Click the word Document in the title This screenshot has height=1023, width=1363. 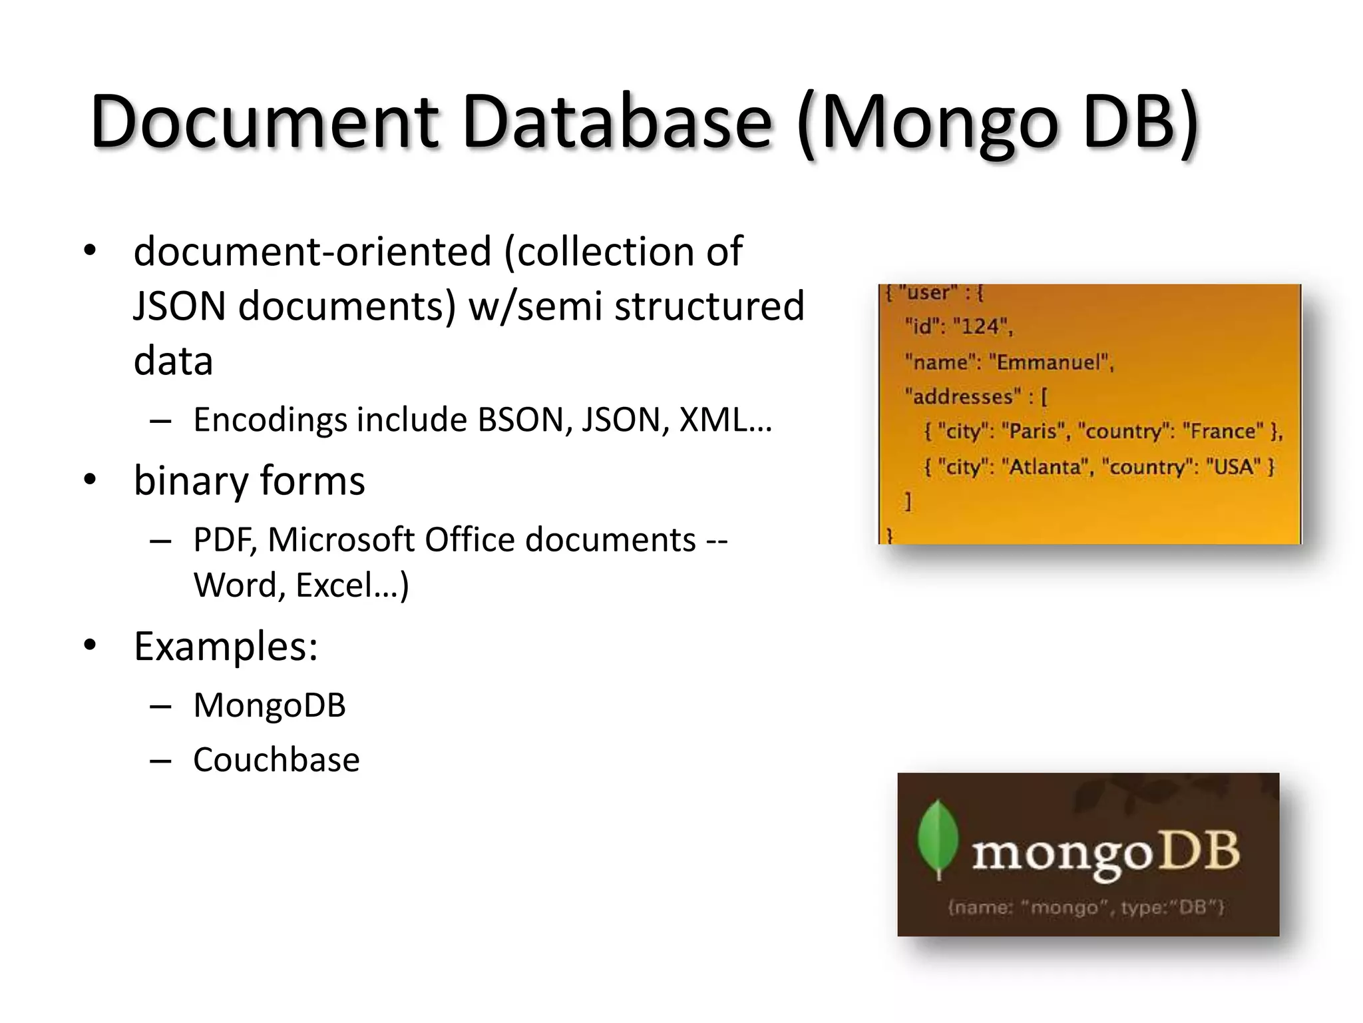click(x=264, y=122)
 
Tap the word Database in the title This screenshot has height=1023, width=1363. click(x=616, y=122)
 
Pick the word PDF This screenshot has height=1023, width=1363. click(x=224, y=540)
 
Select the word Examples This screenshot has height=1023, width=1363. click(x=225, y=646)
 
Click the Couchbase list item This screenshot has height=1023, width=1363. click(x=276, y=760)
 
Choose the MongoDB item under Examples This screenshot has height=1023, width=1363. click(x=270, y=705)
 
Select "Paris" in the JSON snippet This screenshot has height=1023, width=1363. click(x=1033, y=432)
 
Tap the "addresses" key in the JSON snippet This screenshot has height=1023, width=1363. click(x=962, y=397)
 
